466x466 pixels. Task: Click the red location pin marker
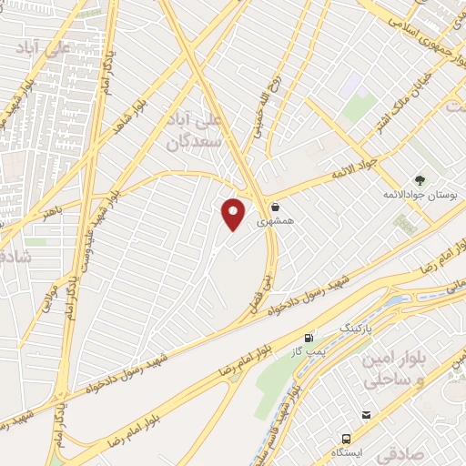235,213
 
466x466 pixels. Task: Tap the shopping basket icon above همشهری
275,207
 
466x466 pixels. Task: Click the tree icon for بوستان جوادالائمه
420,180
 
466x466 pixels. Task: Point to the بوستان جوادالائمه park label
420,195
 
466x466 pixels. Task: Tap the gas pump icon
309,337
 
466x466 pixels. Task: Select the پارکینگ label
357,325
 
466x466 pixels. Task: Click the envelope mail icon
366,415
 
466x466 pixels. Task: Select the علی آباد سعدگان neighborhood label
189,131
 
